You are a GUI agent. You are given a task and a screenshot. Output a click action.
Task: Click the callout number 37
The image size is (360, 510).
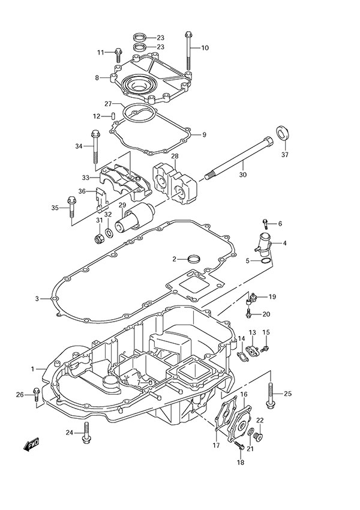pos(284,155)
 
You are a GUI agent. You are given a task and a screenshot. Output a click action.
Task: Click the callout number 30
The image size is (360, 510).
pos(242,175)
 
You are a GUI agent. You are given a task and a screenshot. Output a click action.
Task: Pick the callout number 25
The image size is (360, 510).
pos(287,394)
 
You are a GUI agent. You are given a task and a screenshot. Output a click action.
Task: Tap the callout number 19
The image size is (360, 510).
pos(272,296)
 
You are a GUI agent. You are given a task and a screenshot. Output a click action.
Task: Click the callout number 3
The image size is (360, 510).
pos(37,298)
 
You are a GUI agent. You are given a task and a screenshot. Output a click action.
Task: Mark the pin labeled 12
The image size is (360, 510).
pos(113,116)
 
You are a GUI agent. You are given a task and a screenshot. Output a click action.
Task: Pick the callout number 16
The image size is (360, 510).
pos(244,394)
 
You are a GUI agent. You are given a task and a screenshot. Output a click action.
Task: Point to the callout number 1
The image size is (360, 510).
pos(33,369)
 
